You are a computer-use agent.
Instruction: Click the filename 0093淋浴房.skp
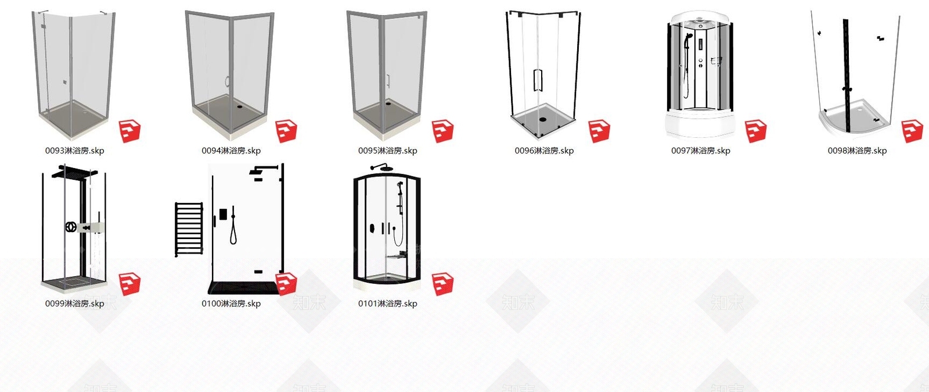pos(75,151)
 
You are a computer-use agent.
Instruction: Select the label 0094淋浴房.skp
pos(231,151)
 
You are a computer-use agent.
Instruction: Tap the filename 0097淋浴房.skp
pos(700,151)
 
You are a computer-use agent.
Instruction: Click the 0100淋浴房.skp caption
pos(231,304)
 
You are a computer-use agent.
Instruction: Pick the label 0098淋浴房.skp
pos(857,151)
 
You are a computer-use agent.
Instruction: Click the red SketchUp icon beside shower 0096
pos(599,131)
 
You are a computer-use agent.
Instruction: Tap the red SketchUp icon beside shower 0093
pos(129,131)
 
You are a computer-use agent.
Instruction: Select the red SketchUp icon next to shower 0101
pos(442,284)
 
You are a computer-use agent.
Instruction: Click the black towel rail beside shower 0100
pos(189,229)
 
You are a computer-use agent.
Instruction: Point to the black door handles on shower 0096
pos(538,80)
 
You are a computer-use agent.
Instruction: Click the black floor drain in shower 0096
pos(543,120)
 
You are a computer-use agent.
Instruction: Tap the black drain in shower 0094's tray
pos(240,106)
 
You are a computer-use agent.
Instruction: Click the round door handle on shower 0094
pos(227,82)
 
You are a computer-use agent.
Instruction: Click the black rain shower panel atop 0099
pos(75,172)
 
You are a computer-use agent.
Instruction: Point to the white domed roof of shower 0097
pos(700,17)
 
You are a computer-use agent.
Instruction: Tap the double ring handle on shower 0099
pos(71,227)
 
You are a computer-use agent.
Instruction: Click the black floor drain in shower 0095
pos(388,104)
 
